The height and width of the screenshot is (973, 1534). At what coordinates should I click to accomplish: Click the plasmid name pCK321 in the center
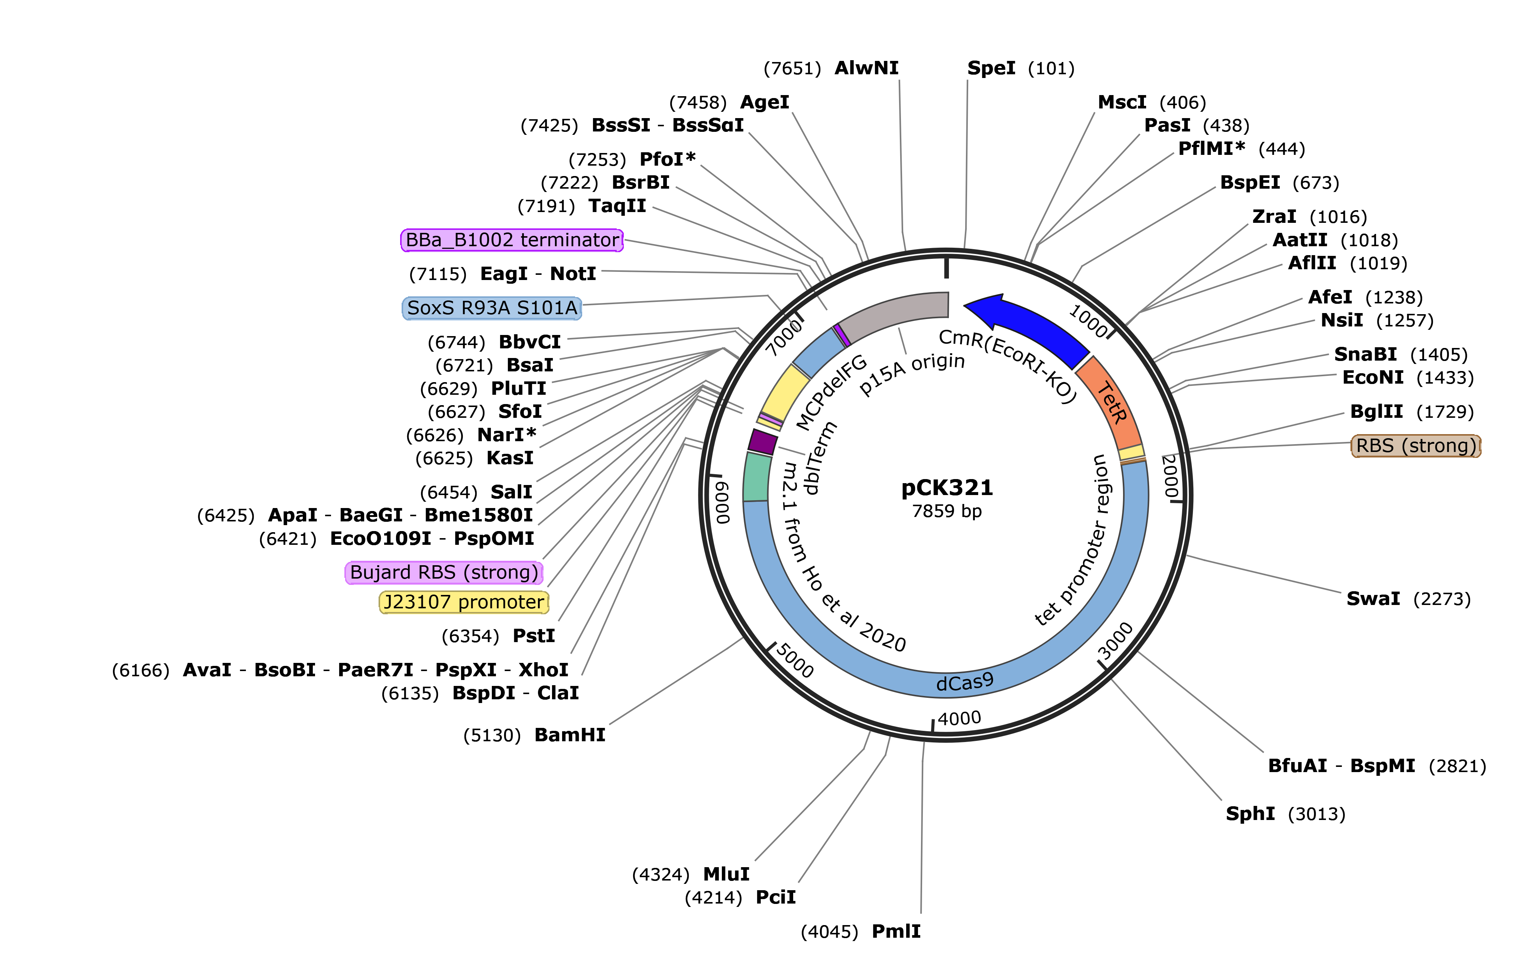coord(947,488)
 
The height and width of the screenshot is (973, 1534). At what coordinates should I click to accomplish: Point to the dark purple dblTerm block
coord(762,441)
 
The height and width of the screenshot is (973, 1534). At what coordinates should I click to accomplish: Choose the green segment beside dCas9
coord(757,476)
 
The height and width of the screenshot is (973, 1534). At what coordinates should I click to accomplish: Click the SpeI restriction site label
coord(991,68)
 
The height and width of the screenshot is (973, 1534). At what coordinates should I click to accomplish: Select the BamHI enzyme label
coord(570,735)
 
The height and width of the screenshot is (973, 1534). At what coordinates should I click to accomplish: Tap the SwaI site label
coord(1373,599)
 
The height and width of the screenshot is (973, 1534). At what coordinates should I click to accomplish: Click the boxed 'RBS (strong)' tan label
coord(1415,446)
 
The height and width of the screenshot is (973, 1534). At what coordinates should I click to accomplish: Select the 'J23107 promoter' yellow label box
coord(464,602)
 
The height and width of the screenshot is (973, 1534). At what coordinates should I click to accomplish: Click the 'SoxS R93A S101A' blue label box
coord(492,308)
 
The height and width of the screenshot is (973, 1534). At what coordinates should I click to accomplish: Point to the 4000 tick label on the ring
coord(959,718)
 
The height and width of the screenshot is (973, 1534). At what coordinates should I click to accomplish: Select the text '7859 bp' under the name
coord(947,511)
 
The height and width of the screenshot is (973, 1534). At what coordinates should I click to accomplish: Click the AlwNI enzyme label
coord(866,68)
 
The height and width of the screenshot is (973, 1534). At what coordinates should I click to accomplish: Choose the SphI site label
coord(1250,814)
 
